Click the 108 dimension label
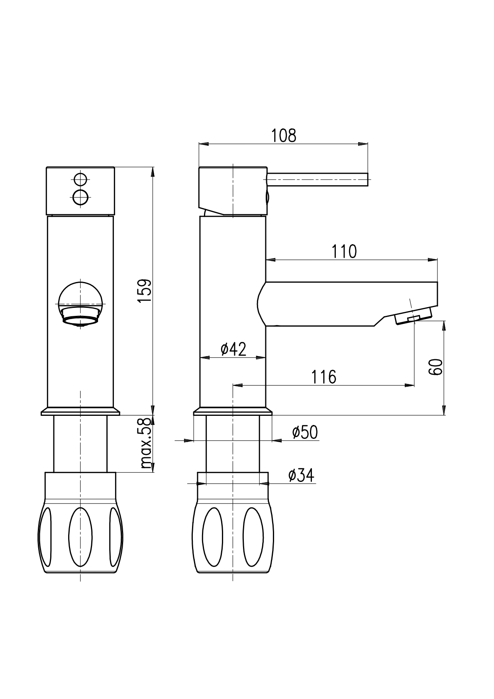(284, 136)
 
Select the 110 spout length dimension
(344, 252)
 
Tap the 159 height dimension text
(145, 290)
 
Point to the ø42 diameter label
(233, 349)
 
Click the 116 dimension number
(323, 377)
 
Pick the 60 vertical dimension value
(435, 366)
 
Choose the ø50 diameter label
(305, 432)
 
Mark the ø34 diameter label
(301, 475)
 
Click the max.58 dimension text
(147, 443)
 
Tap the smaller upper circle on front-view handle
(80, 180)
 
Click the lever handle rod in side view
(318, 180)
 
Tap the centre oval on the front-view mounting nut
(80, 537)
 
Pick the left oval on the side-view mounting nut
(213, 537)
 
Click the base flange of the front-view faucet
(80, 411)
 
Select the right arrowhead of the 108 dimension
(363, 144)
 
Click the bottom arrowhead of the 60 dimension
(444, 410)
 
